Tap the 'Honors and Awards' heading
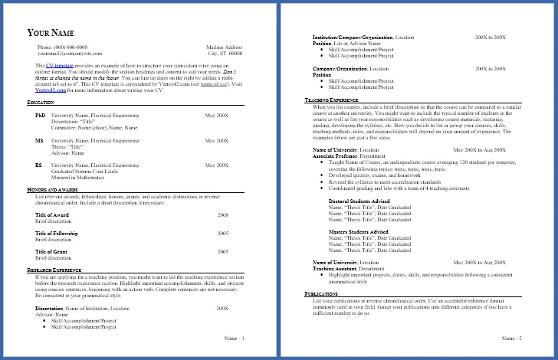pyautogui.click(x=56, y=189)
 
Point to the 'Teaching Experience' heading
pyautogui.click(x=332, y=100)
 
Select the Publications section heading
pyautogui.click(x=322, y=294)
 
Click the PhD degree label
pyautogui.click(x=41, y=115)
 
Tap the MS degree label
pyautogui.click(x=39, y=141)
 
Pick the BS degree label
pyautogui.click(x=39, y=165)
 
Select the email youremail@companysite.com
pyautogui.click(x=70, y=54)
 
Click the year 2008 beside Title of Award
pyautogui.click(x=223, y=215)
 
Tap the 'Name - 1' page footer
pyautogui.click(x=234, y=338)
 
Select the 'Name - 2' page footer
pyautogui.click(x=512, y=338)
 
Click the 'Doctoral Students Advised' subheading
pyautogui.click(x=359, y=200)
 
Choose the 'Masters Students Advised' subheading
pyautogui.click(x=359, y=231)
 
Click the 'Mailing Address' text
pyautogui.click(x=225, y=47)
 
